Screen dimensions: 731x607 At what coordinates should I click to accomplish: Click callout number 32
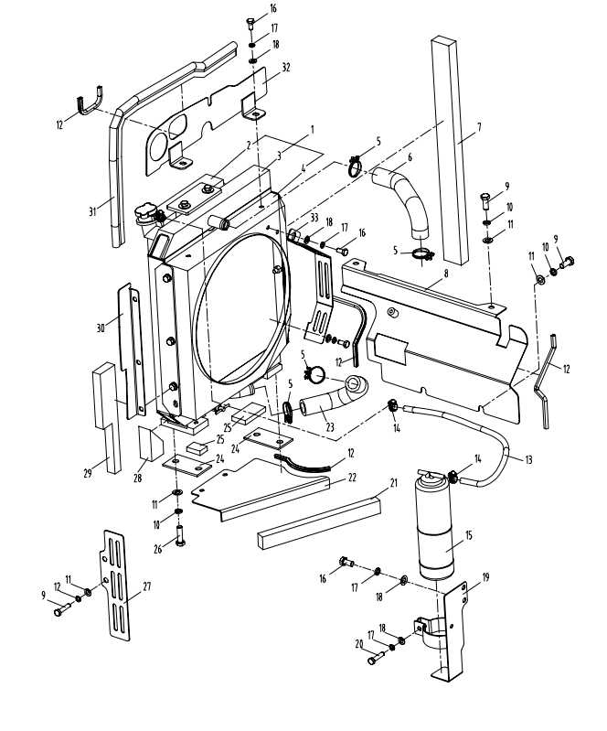click(286, 67)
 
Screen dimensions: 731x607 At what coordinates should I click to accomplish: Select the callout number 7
click(479, 125)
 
